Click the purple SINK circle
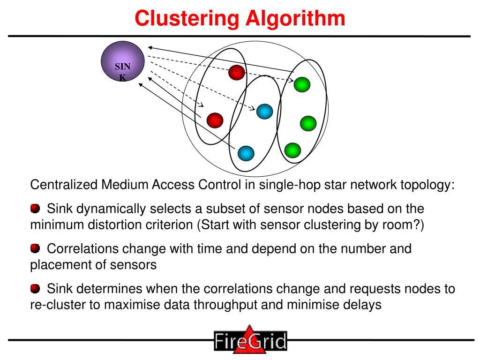click(x=122, y=61)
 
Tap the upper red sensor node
click(x=237, y=72)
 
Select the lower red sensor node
click(x=215, y=120)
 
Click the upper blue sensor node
click(x=264, y=111)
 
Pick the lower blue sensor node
click(x=246, y=153)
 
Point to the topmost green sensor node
click(x=302, y=84)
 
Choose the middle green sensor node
click(x=308, y=123)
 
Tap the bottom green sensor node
click(x=292, y=150)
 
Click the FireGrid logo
click(x=250, y=340)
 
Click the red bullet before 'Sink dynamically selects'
click(x=35, y=208)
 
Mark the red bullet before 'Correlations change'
click(x=35, y=248)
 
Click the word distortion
click(x=112, y=224)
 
